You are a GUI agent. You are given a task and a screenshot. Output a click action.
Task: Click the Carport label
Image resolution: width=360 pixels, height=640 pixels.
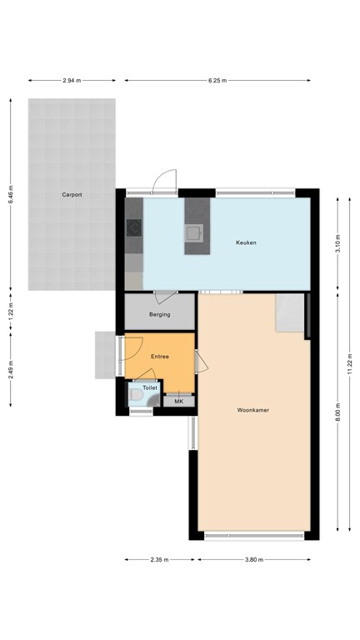[x=72, y=195]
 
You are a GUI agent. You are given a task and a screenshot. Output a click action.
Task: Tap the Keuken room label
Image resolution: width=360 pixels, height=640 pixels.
[x=246, y=242]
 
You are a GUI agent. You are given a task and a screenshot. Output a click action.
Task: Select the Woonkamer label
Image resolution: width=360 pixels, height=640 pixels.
[x=253, y=410]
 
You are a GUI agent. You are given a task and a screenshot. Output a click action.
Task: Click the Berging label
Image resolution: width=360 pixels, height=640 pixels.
[x=160, y=315]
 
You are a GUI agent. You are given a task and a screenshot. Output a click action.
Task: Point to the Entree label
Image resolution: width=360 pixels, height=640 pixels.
[x=160, y=357]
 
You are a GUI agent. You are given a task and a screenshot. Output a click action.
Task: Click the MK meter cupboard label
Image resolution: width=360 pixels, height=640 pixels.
[x=179, y=402]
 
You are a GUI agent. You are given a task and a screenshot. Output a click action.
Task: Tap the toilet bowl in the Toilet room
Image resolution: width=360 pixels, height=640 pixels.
[x=136, y=395]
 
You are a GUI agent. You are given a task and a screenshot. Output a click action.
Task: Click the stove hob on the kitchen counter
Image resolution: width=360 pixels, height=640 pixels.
[x=133, y=228]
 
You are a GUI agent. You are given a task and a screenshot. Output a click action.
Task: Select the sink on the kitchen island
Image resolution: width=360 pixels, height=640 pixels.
[x=194, y=233]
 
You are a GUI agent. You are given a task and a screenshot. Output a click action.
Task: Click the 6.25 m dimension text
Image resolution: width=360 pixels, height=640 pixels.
[x=217, y=80]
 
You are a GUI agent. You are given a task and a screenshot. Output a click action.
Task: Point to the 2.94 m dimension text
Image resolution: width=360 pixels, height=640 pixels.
[x=72, y=80]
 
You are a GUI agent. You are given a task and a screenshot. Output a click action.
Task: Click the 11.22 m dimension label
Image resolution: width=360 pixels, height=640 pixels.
[x=350, y=364]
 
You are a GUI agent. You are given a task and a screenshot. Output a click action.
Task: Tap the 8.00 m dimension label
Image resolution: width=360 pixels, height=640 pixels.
[x=337, y=412]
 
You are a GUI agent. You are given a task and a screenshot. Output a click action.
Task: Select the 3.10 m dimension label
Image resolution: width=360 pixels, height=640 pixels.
[x=337, y=244]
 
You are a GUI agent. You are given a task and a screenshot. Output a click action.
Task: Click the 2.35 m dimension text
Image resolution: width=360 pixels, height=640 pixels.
[x=160, y=560]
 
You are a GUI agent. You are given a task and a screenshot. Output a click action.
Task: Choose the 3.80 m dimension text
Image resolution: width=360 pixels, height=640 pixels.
[x=254, y=560]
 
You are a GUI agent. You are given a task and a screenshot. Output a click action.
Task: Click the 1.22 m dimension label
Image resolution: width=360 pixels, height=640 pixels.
[x=11, y=311]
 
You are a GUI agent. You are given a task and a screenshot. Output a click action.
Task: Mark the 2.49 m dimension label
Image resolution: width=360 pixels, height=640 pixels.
[x=11, y=370]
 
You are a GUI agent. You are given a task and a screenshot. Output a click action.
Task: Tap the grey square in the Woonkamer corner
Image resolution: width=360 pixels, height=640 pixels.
[x=290, y=312]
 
